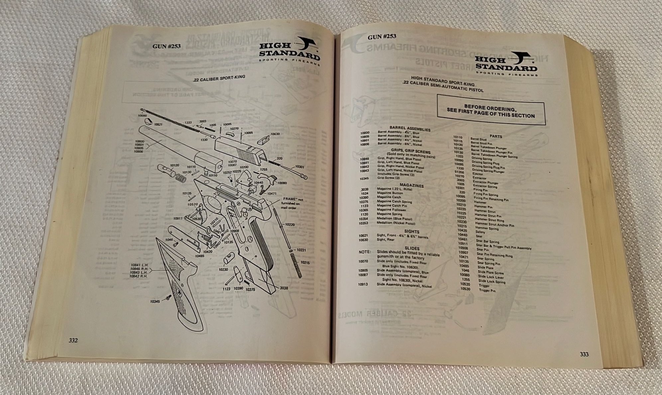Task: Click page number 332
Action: [73, 340]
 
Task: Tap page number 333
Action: [584, 354]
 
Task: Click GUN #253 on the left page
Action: [166, 46]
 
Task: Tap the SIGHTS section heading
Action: [412, 232]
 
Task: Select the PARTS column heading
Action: [496, 136]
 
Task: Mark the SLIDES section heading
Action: [412, 248]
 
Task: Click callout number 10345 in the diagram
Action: [155, 302]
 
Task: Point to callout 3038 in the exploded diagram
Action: [284, 288]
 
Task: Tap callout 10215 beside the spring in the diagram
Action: [305, 262]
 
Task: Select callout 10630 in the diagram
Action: [275, 134]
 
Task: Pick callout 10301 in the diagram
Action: [299, 167]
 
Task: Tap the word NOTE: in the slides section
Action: [365, 252]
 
